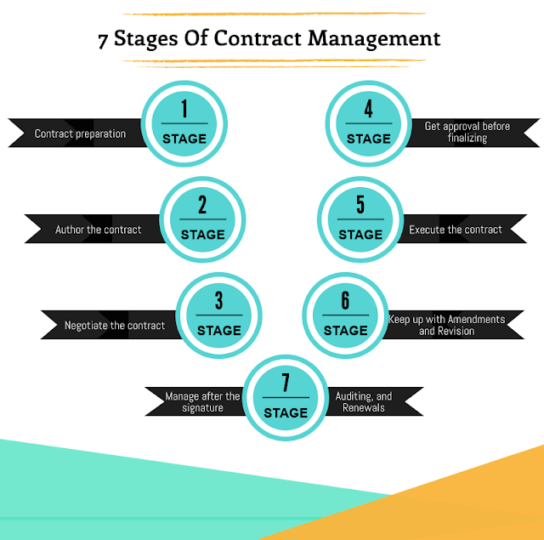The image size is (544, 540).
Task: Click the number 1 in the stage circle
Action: [184, 109]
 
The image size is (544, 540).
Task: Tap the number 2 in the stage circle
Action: [202, 205]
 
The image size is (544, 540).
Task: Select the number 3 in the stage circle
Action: [219, 301]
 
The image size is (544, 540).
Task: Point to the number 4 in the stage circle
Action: [368, 109]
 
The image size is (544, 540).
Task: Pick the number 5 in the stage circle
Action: [360, 205]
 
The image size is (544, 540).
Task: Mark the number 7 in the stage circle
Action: [286, 383]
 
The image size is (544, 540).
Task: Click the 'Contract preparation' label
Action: [80, 134]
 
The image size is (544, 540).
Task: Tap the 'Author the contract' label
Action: [99, 230]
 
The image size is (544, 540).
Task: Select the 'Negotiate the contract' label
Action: [115, 326]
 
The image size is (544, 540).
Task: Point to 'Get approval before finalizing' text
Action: [467, 132]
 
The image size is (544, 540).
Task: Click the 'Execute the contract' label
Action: [456, 230]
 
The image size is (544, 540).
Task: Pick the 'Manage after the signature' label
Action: [203, 402]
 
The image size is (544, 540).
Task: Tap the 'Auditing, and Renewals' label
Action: [364, 402]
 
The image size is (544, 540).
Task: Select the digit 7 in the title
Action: [103, 39]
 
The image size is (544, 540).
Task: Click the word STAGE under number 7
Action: [286, 412]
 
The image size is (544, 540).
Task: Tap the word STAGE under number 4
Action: [368, 139]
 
